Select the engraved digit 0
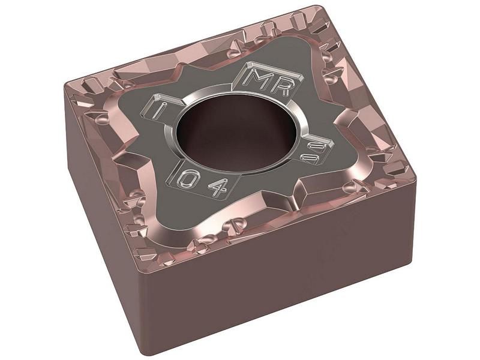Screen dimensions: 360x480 [190, 178]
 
